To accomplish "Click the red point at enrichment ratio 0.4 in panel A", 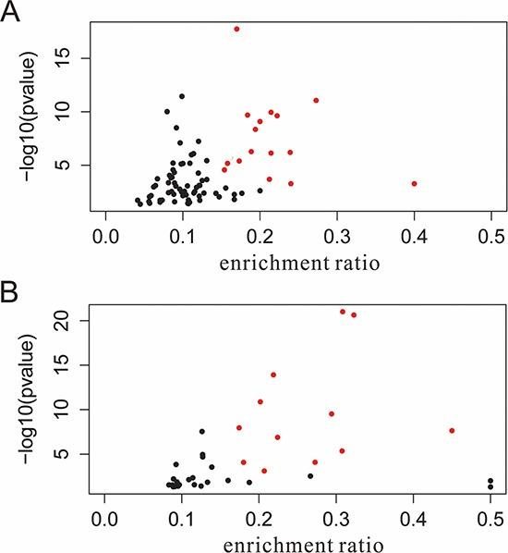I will click(414, 183).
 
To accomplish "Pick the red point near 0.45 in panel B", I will click(452, 430).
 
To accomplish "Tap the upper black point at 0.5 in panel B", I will click(490, 481).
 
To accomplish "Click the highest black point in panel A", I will click(182, 96).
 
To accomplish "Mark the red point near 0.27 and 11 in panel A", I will click(316, 100).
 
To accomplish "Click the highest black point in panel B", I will click(202, 431).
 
